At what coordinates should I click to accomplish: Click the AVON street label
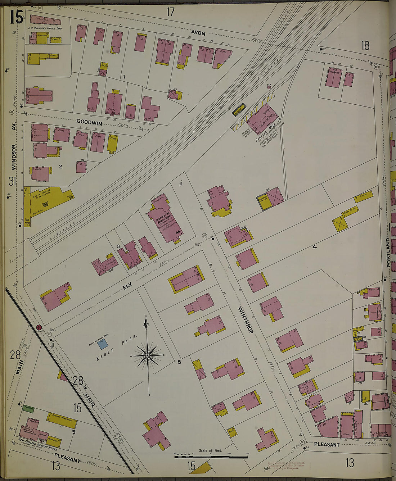click(198, 33)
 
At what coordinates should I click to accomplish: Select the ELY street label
click(127, 285)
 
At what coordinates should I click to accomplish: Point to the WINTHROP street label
click(246, 319)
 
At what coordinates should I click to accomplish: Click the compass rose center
click(148, 356)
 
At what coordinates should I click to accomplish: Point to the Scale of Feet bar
click(211, 457)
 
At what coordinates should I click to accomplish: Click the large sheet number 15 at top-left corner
click(16, 17)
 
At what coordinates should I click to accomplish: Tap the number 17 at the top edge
click(170, 12)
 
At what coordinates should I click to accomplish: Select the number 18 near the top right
click(365, 46)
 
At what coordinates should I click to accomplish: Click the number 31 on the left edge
click(12, 182)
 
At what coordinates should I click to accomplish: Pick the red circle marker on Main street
click(39, 327)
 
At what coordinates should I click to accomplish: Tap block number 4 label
click(314, 247)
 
